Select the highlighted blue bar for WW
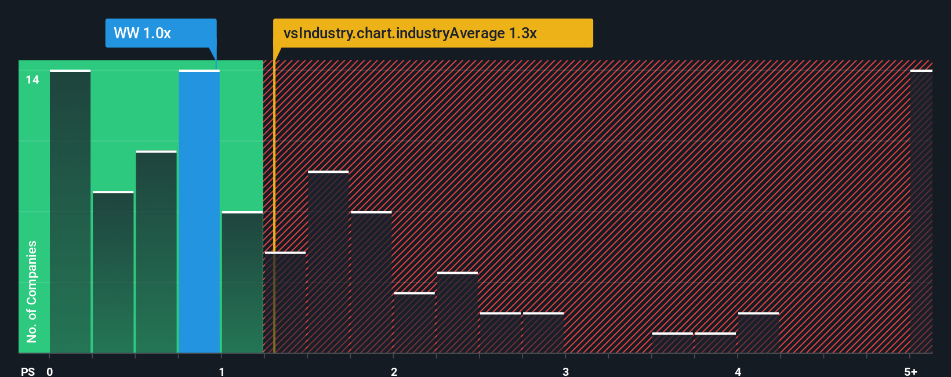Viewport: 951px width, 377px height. (x=199, y=212)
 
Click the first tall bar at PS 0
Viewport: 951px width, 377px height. (x=70, y=212)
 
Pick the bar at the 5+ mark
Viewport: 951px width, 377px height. (x=921, y=212)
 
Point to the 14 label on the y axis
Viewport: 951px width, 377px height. (x=32, y=80)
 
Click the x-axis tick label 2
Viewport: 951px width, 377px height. (x=394, y=372)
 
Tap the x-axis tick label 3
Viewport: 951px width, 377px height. (x=565, y=372)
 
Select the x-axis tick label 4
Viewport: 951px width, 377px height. (x=738, y=372)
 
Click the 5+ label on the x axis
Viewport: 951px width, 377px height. (x=910, y=372)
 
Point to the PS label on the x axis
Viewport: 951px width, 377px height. (x=28, y=372)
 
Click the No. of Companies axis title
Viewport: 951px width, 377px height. (x=32, y=291)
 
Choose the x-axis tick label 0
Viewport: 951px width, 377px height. (x=50, y=372)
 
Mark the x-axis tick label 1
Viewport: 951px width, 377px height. (x=222, y=372)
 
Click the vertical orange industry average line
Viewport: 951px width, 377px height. (x=274, y=203)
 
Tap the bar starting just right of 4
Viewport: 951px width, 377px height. (x=758, y=333)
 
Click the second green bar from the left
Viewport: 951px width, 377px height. (x=113, y=273)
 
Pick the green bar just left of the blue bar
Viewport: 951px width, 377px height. (x=156, y=252)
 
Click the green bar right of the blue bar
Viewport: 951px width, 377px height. (x=242, y=282)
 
